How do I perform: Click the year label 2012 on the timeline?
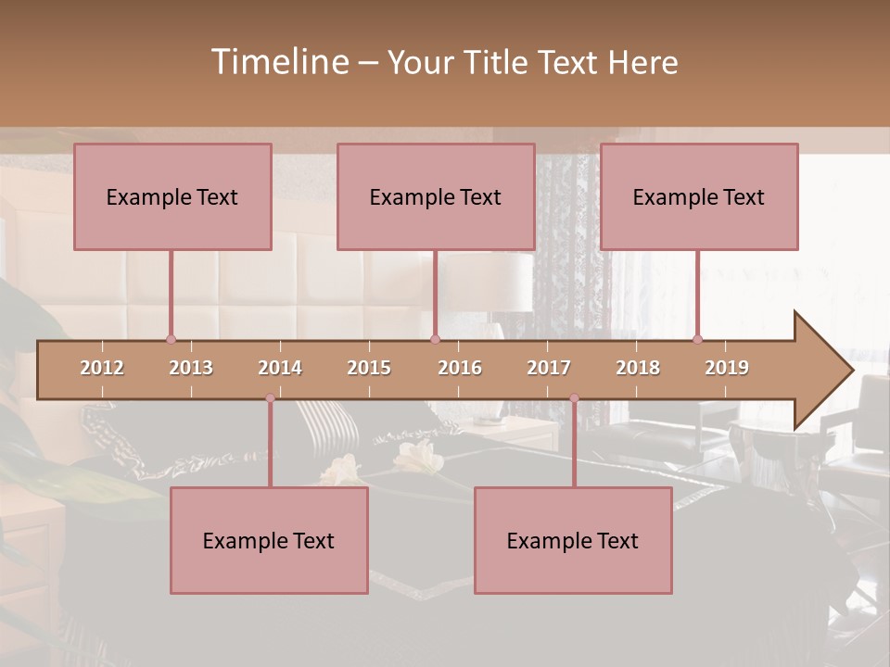click(102, 368)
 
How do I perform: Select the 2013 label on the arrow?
click(191, 368)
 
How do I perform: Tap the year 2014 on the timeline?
click(280, 368)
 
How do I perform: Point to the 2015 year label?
click(369, 368)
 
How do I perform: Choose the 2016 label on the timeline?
click(460, 368)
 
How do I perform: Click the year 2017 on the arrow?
click(549, 368)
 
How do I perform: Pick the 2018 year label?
click(638, 368)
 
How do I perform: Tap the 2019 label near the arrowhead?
click(727, 368)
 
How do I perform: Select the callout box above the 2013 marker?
click(172, 196)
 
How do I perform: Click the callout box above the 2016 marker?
click(436, 196)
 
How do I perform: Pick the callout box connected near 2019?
click(699, 196)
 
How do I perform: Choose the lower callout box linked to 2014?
click(269, 540)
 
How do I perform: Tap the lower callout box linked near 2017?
click(573, 540)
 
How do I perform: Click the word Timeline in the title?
click(277, 62)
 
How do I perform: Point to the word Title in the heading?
click(499, 62)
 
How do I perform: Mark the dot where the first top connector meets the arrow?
click(171, 339)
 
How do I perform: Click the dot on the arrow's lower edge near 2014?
click(270, 398)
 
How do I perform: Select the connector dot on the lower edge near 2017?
click(574, 398)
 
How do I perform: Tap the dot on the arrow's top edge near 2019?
click(697, 339)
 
